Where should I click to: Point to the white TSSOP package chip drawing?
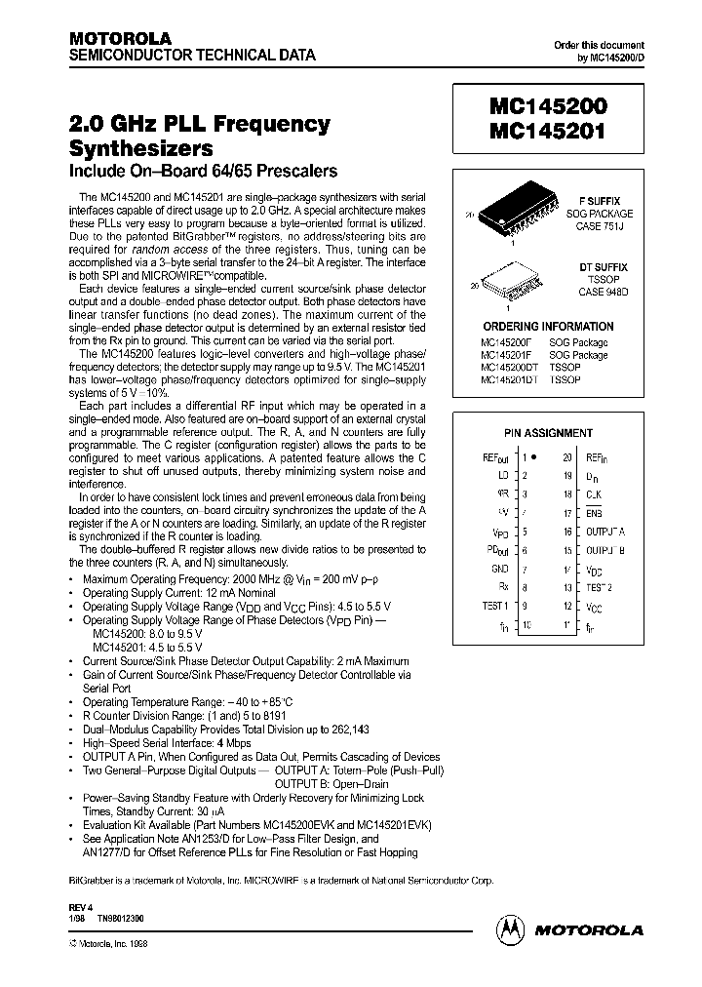507,282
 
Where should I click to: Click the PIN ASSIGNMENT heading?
549,432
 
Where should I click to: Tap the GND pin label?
499,568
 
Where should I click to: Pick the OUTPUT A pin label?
605,532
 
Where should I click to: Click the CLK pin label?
595,494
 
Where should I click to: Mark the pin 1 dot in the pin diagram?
533,456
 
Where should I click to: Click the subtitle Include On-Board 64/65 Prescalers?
203,172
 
